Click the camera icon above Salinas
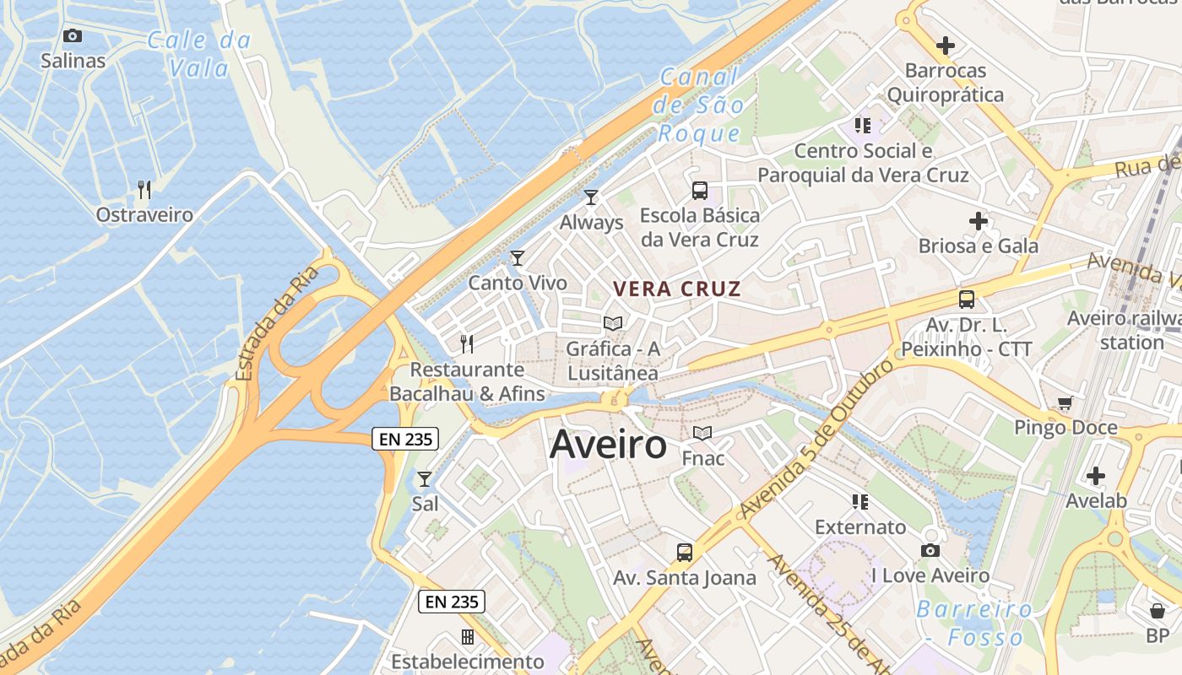(73, 35)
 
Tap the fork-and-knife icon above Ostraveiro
(144, 189)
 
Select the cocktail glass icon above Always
(591, 197)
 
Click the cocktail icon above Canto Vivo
(518, 257)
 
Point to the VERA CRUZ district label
(677, 289)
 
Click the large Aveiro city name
(608, 445)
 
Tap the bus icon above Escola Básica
(700, 190)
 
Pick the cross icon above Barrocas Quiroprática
(946, 46)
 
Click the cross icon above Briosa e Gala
(978, 221)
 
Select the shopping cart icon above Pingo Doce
(1065, 403)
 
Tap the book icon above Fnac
(702, 434)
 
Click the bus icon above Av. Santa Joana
(685, 553)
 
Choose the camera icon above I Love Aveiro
(930, 551)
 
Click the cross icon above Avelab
(1096, 476)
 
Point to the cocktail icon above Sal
(425, 479)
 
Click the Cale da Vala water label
(199, 53)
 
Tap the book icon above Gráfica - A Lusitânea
(613, 323)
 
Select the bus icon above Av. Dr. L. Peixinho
(967, 300)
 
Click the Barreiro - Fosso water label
(974, 623)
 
